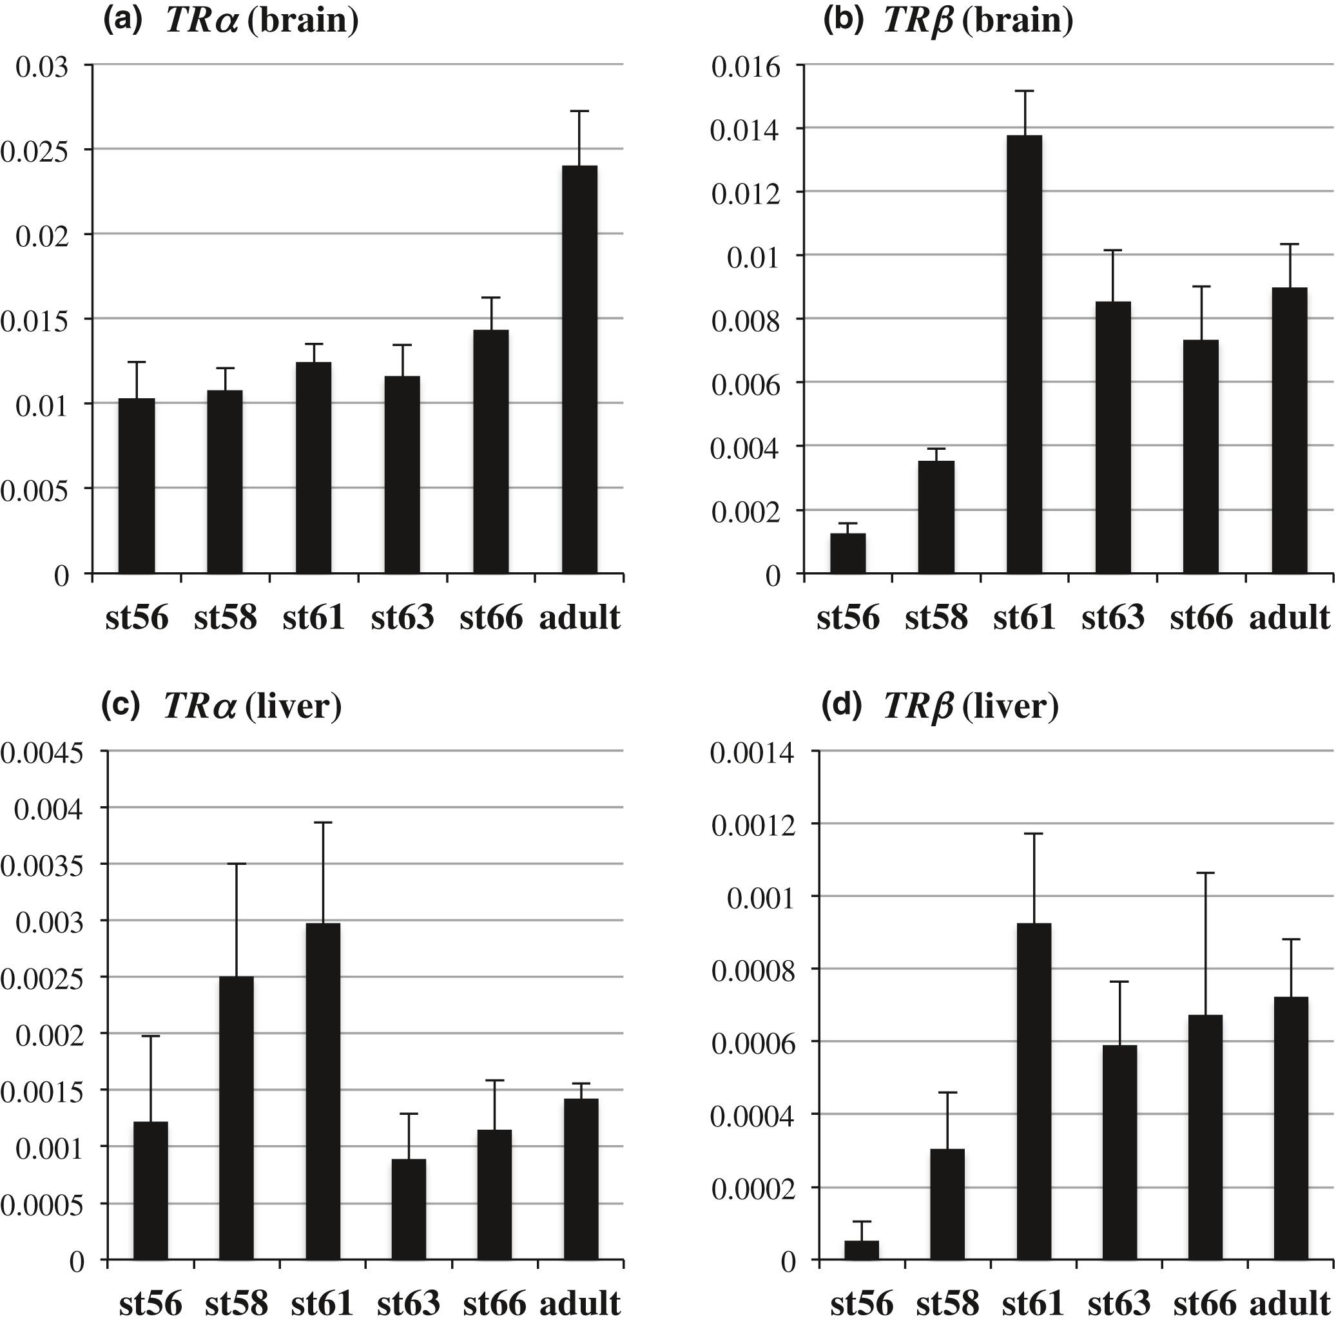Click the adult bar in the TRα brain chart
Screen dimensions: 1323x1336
click(x=579, y=369)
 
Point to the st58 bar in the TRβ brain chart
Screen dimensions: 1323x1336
click(x=936, y=517)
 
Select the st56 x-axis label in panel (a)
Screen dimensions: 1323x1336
click(x=137, y=617)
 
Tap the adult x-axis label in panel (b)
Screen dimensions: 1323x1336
click(x=1289, y=617)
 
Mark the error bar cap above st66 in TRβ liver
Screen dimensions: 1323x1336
click(x=1205, y=873)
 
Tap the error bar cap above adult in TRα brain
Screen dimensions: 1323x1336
click(x=579, y=111)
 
